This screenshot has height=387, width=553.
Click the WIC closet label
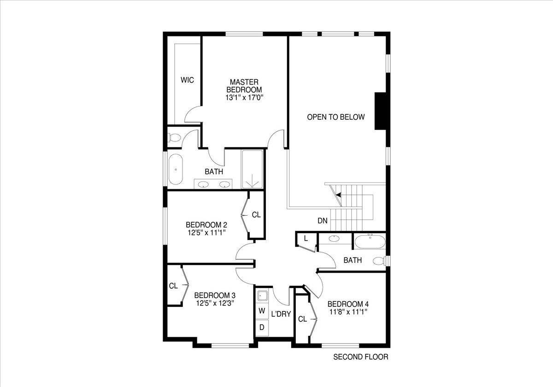187,80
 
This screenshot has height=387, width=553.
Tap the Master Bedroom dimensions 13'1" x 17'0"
244,98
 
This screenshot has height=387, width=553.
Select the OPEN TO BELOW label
336,117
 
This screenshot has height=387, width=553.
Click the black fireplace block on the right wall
381,111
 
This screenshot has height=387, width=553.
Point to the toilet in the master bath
174,137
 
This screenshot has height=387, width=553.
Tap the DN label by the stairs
323,221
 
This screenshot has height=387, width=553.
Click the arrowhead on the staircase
339,195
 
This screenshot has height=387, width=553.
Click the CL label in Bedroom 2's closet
256,215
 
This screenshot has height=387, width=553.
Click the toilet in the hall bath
379,261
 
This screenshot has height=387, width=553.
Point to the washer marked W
262,311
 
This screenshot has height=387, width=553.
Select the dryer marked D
262,327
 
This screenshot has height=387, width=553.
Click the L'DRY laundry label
281,314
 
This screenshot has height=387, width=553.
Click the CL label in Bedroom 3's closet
173,286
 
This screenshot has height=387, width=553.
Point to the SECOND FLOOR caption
361,357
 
